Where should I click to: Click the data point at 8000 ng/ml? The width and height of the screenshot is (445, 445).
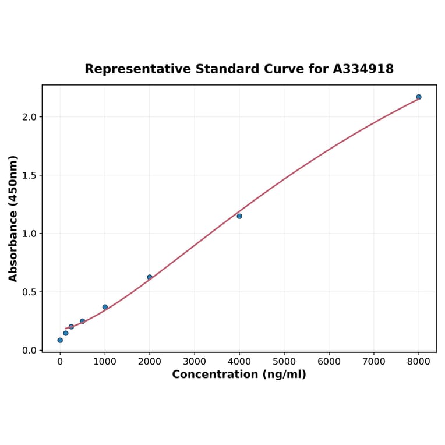click(x=418, y=97)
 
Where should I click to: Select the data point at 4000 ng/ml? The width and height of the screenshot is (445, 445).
click(x=239, y=216)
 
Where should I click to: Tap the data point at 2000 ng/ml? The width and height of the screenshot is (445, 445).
click(x=150, y=277)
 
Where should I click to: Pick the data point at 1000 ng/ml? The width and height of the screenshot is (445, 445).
click(x=105, y=307)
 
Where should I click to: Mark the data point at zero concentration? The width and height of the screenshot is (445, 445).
click(x=60, y=340)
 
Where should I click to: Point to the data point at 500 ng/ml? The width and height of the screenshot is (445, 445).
click(x=82, y=321)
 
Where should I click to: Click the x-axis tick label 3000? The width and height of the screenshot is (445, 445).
click(x=195, y=362)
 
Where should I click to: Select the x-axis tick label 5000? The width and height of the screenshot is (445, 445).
click(x=284, y=362)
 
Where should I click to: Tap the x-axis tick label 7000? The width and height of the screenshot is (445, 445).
click(x=374, y=362)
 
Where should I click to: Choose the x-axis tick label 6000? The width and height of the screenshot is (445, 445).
click(x=329, y=362)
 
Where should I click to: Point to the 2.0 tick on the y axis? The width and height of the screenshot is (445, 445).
click(x=30, y=117)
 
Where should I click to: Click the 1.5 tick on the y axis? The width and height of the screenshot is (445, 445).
click(x=30, y=175)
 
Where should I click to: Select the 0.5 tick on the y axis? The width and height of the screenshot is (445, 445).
click(x=30, y=292)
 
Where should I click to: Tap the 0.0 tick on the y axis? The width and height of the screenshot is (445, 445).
click(x=30, y=350)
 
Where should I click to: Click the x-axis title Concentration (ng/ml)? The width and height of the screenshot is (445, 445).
click(x=239, y=375)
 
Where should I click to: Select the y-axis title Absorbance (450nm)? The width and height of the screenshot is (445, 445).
click(x=13, y=218)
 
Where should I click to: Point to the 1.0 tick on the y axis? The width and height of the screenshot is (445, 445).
click(x=30, y=234)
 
